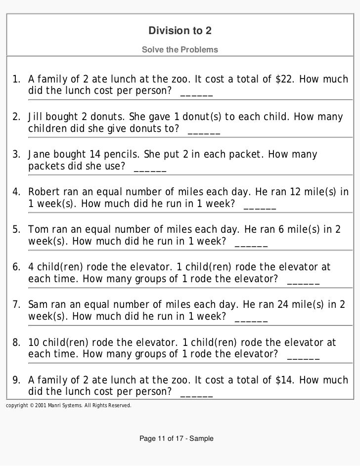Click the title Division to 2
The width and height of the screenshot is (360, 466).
tap(180, 31)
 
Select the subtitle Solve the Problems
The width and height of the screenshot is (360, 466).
tap(180, 50)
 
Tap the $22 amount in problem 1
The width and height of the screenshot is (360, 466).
tap(284, 80)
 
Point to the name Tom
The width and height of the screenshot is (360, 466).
tap(37, 230)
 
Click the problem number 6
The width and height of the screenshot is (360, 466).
tap(16, 267)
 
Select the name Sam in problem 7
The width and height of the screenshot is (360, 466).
tap(37, 304)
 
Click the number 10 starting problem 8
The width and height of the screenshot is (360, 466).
tap(34, 342)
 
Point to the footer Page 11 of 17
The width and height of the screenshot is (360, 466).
tap(177, 438)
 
